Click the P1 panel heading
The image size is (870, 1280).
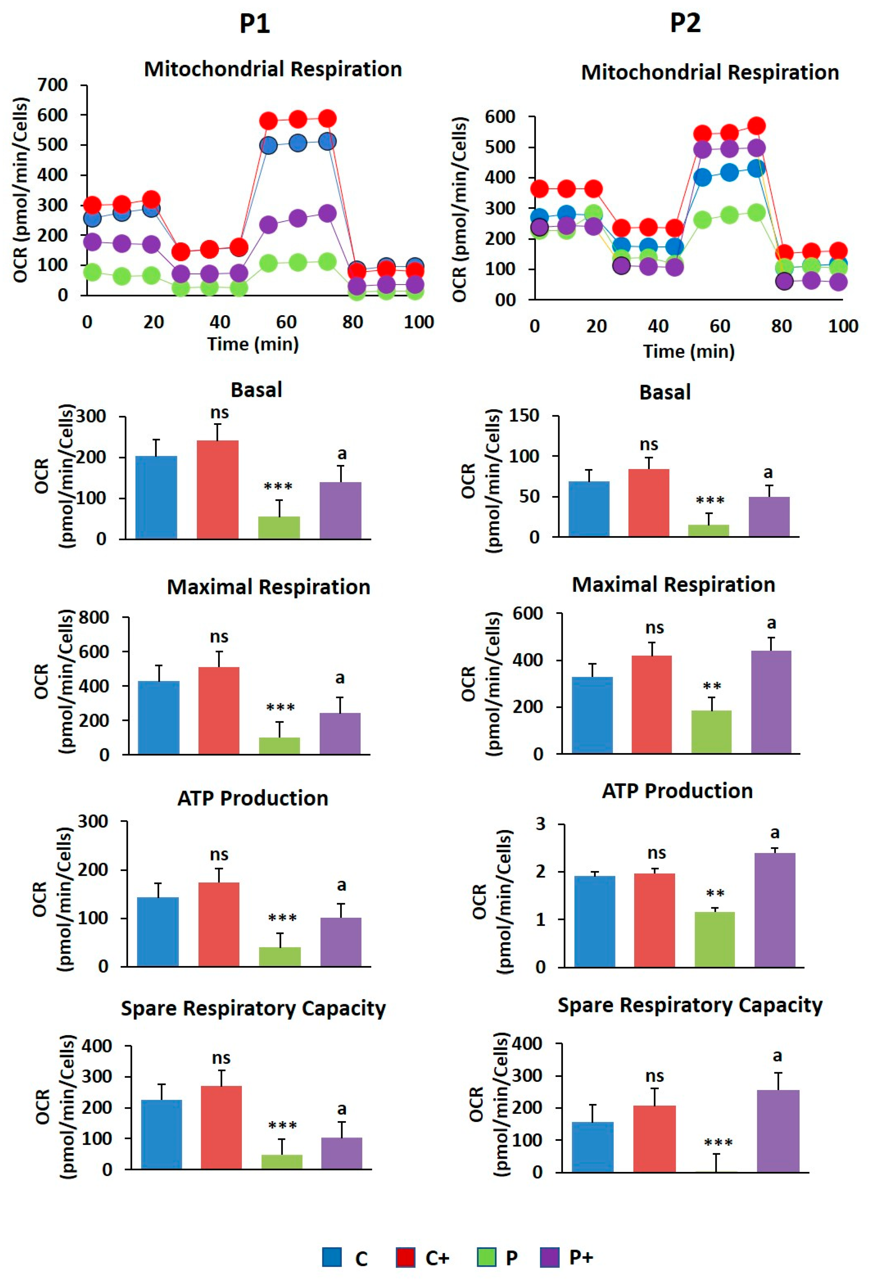click(255, 24)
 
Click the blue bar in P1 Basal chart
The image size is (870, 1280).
click(156, 497)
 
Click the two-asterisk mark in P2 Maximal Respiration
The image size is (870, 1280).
click(712, 687)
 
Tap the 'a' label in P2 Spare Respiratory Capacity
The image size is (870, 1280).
click(777, 1056)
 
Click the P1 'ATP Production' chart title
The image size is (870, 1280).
click(253, 798)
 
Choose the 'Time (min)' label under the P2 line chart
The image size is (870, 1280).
click(689, 351)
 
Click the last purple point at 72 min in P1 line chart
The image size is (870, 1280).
click(327, 213)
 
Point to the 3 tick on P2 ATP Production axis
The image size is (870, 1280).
click(540, 825)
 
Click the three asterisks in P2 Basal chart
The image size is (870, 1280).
click(710, 500)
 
